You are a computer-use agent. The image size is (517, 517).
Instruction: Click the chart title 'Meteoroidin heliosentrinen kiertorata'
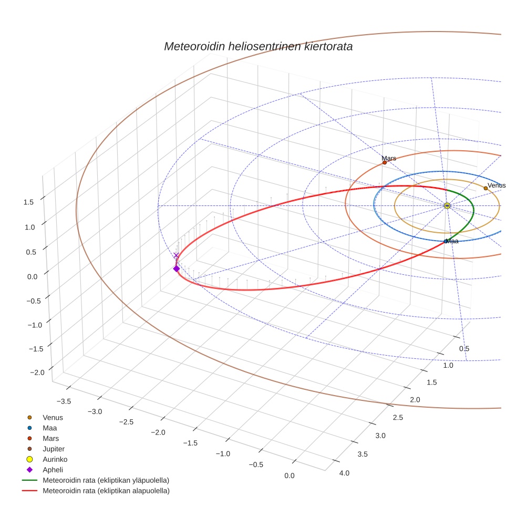click(258, 46)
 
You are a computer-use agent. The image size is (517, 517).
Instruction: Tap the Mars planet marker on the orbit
click(385, 163)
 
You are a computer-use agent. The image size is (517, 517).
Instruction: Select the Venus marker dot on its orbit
click(485, 188)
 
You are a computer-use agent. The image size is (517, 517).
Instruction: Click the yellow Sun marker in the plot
click(447, 205)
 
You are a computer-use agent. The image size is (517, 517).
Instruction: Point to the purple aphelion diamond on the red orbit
click(176, 268)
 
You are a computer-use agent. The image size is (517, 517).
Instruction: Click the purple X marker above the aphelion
click(176, 255)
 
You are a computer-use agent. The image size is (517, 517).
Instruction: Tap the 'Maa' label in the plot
click(452, 241)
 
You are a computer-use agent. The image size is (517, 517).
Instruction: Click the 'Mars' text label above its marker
click(389, 158)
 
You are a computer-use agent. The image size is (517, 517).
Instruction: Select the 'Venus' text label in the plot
click(497, 185)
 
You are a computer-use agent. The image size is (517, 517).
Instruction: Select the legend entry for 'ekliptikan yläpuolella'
click(106, 480)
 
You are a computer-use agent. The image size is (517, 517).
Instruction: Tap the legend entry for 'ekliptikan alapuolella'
click(106, 491)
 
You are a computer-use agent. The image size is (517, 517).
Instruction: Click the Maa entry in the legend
click(50, 428)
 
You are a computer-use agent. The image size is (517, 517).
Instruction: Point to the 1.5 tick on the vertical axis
click(28, 202)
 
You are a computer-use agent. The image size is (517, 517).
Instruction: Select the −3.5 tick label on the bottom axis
click(64, 401)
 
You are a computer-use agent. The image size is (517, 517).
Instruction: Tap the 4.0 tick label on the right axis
click(344, 473)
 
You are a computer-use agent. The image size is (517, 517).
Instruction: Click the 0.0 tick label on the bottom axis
click(288, 475)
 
